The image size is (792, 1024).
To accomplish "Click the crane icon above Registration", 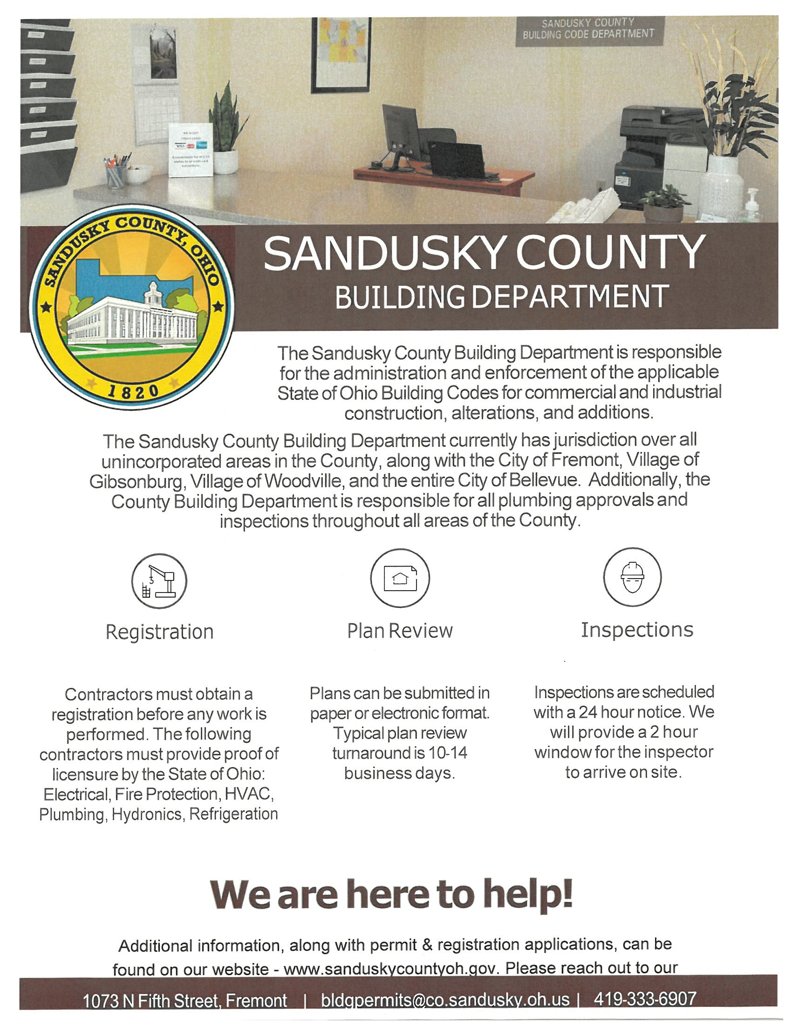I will click(x=159, y=581).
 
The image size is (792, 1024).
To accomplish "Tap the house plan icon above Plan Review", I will click(x=400, y=578).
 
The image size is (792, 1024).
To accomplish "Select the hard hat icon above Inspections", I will click(x=632, y=577).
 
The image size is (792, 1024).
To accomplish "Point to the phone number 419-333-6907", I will click(x=645, y=999).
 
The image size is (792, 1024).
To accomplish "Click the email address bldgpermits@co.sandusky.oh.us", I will click(x=445, y=1000).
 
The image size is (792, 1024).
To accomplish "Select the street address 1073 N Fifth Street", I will click(x=184, y=1001).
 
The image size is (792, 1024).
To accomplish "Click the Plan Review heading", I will click(x=400, y=631).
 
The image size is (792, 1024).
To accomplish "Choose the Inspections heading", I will click(x=637, y=630).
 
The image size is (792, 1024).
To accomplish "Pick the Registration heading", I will click(x=159, y=632).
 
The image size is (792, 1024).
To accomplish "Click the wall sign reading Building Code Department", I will click(x=588, y=29).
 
